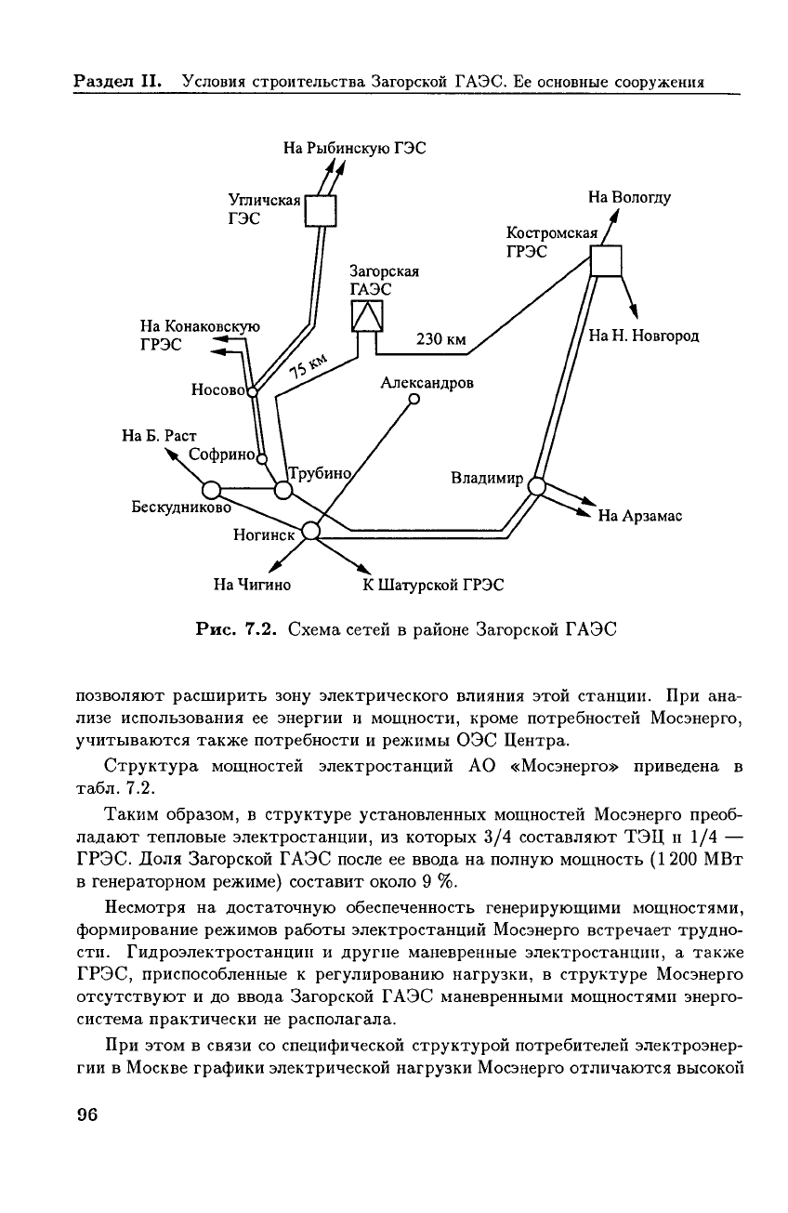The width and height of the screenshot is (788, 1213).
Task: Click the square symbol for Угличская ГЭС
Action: click(x=321, y=211)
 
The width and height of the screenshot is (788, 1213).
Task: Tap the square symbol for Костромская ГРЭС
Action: click(x=606, y=261)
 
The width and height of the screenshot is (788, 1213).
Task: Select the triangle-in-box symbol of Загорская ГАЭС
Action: click(x=368, y=317)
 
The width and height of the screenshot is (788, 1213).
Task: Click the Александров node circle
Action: click(x=414, y=401)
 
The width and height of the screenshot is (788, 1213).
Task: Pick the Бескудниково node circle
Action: click(x=212, y=490)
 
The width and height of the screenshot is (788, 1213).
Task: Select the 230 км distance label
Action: click(x=440, y=339)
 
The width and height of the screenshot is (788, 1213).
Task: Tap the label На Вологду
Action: click(x=629, y=197)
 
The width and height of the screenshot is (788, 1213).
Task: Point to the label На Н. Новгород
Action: click(x=643, y=336)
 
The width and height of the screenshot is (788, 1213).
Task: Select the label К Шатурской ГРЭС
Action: click(x=433, y=585)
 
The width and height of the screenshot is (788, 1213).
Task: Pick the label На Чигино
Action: click(x=252, y=585)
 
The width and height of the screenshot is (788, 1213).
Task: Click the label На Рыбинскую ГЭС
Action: click(x=354, y=146)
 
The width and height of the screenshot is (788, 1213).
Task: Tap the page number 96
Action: click(x=87, y=1115)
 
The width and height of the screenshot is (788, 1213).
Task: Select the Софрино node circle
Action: click(x=261, y=457)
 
